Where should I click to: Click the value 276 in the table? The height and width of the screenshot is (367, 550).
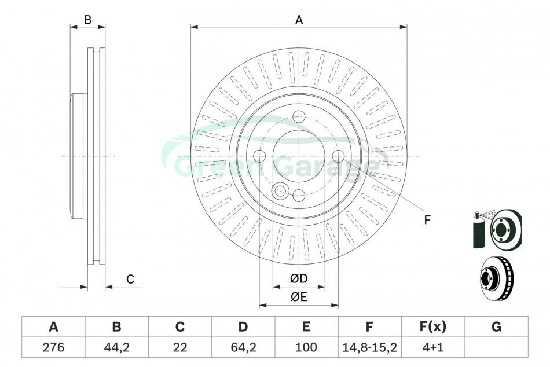53,347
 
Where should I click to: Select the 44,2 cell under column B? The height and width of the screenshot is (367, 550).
116,347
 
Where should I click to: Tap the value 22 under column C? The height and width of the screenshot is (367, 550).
179,347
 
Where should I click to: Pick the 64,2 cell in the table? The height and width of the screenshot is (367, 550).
243,347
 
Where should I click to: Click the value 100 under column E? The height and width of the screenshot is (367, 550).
306,347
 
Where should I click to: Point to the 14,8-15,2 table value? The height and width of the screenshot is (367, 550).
369,347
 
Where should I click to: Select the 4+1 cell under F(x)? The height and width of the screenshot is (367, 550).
433,347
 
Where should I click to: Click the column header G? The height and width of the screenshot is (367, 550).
496,326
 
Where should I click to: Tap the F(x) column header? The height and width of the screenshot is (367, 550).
433,326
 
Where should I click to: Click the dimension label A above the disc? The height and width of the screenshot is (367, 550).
299,20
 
